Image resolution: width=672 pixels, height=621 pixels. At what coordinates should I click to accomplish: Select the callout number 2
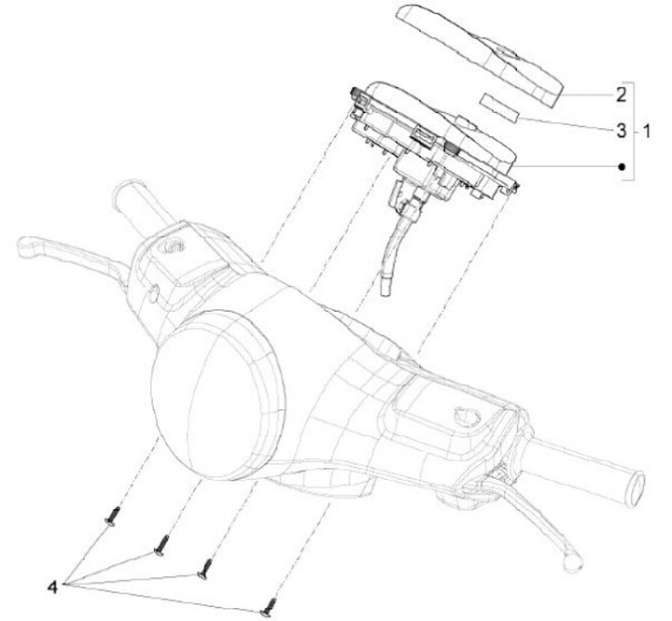click(619, 94)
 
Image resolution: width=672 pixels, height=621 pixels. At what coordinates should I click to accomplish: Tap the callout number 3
click(620, 131)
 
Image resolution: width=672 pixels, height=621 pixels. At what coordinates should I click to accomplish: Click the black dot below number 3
click(621, 166)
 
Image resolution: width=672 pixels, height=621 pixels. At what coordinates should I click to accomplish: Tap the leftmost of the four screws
click(113, 515)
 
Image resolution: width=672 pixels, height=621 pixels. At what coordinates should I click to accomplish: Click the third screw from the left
click(205, 567)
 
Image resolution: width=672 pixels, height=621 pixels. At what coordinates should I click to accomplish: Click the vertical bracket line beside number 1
click(634, 131)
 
